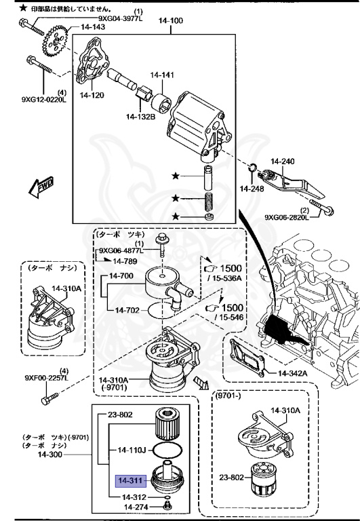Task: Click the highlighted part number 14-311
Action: (x=129, y=482)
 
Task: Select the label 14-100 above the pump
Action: (x=170, y=21)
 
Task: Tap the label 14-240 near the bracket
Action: (x=283, y=161)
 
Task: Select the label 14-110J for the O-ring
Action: (x=133, y=449)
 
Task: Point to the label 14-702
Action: (x=128, y=310)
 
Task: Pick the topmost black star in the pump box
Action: (x=176, y=176)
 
